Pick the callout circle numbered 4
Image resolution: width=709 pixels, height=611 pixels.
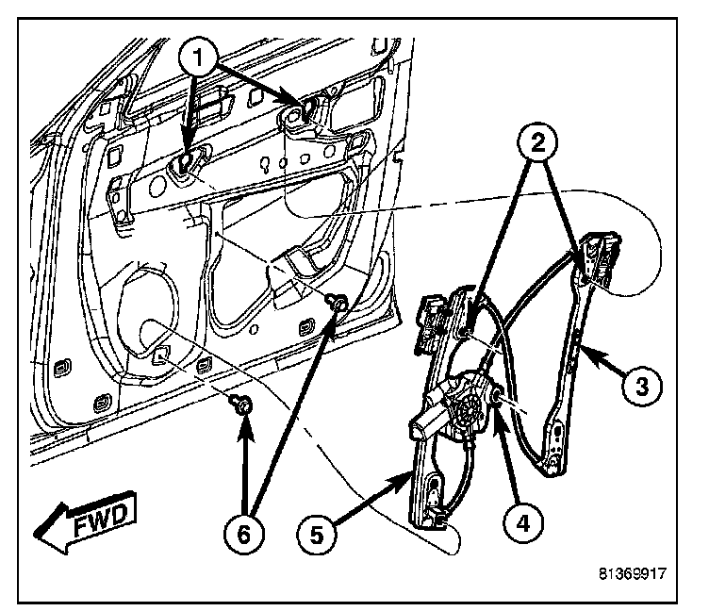tap(519, 517)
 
